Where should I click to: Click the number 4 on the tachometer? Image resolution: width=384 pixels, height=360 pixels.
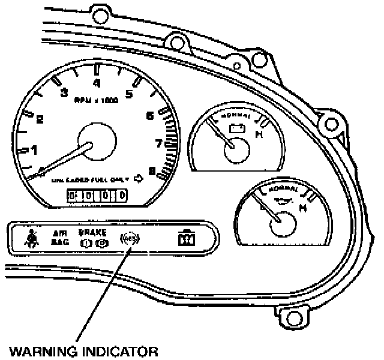pos(97,83)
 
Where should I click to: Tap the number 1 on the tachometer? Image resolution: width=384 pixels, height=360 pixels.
pos(34,149)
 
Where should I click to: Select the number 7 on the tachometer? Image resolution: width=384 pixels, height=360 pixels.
pos(160,143)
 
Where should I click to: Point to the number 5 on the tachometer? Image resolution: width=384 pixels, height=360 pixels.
pos(128,93)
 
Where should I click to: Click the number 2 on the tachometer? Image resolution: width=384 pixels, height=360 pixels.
pos(40,119)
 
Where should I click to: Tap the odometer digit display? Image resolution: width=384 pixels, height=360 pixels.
pos(97,196)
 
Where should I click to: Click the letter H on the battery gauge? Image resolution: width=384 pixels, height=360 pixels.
pos(259,134)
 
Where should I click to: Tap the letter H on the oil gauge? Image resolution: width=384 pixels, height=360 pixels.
pos(304,208)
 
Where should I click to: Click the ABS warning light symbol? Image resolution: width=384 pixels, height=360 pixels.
pos(128,238)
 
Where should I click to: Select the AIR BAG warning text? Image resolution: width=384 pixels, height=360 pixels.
pos(58,238)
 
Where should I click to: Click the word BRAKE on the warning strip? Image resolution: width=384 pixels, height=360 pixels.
pos(92,232)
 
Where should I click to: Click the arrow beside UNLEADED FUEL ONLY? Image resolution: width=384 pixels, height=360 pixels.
pos(139,178)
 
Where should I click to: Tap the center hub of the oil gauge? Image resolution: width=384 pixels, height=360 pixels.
pos(283,226)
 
